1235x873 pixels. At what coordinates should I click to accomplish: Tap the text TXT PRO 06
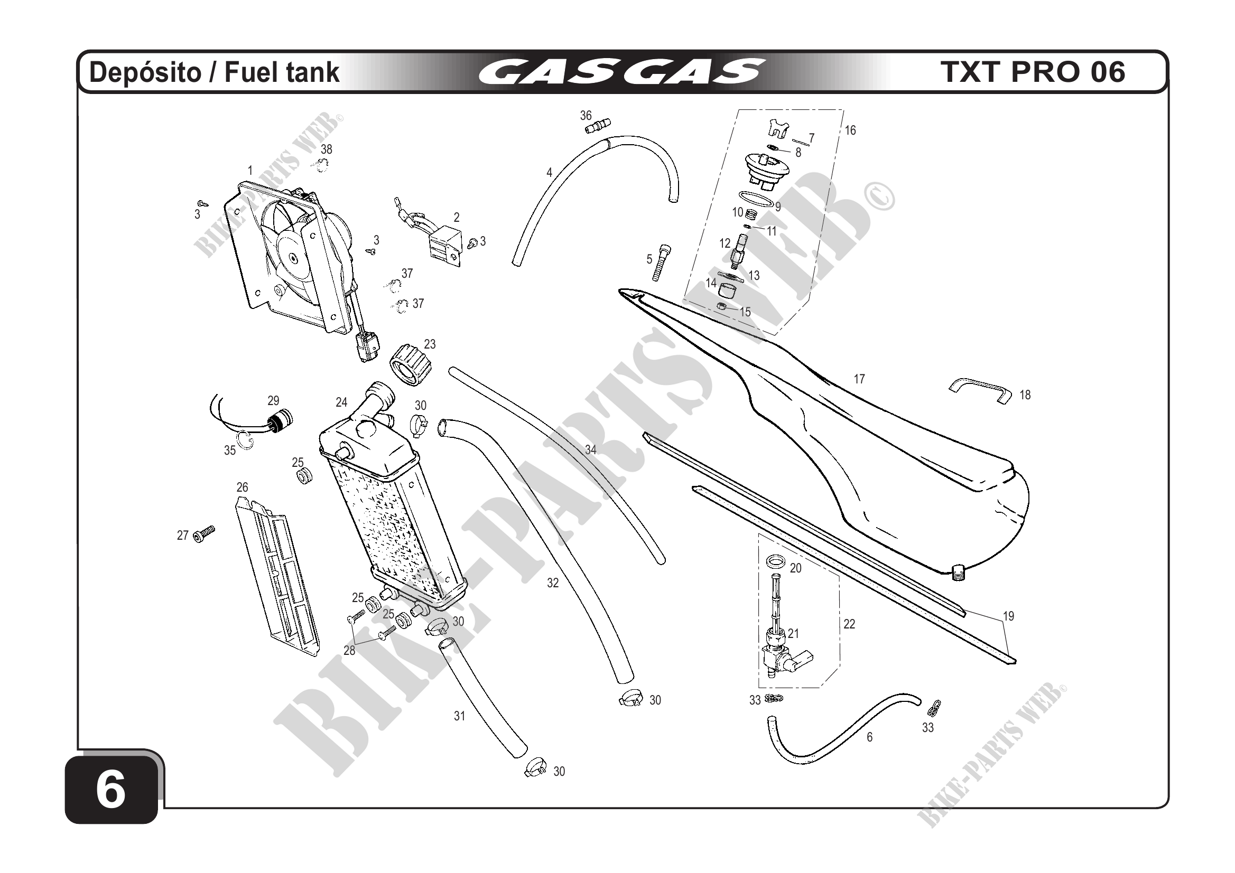tap(1032, 72)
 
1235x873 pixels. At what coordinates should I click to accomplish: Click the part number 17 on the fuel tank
tap(859, 379)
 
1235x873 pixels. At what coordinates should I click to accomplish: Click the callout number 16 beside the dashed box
tap(850, 130)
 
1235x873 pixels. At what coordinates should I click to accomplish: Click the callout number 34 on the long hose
tap(591, 450)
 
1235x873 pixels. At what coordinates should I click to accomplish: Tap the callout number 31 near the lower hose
tap(459, 716)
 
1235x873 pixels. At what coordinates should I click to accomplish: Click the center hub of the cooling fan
tap(292, 258)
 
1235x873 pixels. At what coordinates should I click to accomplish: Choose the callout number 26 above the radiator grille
tap(242, 487)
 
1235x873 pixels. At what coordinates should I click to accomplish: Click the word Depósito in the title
tap(144, 72)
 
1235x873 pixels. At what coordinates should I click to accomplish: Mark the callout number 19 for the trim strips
tap(1008, 616)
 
